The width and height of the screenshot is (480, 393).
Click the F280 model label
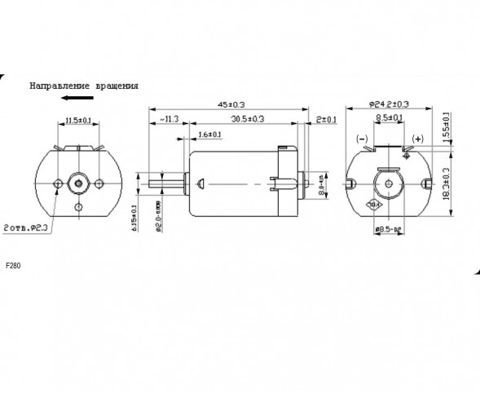click(14, 266)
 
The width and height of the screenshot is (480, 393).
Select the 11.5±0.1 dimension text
click(78, 121)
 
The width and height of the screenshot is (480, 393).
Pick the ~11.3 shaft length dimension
click(168, 120)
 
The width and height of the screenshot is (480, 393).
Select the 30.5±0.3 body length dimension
click(247, 120)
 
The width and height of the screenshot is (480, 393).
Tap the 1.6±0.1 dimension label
click(209, 134)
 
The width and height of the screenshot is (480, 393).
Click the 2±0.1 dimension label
click(327, 120)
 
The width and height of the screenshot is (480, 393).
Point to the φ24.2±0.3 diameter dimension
click(390, 105)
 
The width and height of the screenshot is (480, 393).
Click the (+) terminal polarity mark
click(419, 139)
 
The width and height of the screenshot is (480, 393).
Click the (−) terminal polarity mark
click(363, 139)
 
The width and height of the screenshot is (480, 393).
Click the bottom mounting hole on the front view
click(78, 208)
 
